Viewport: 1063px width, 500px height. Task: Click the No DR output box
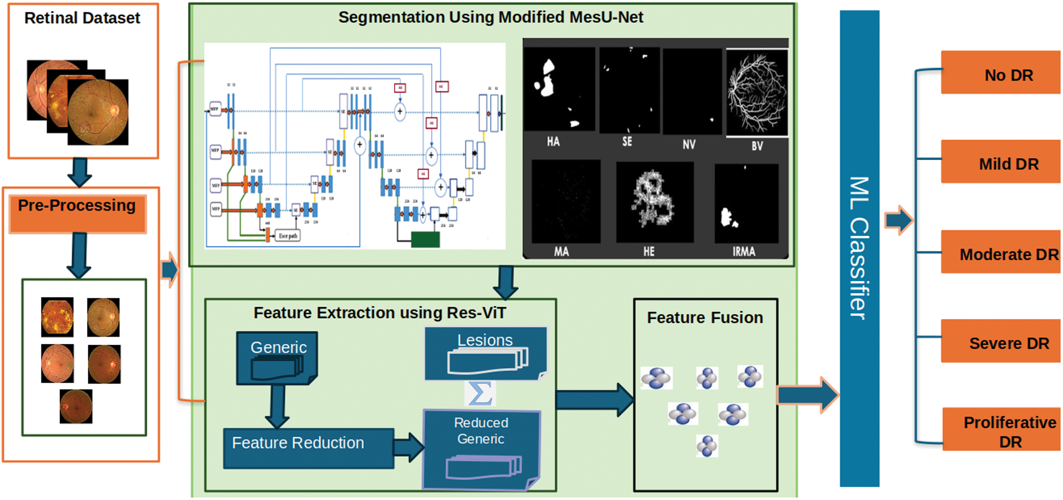coord(1000,73)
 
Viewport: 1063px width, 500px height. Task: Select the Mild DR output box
coord(1000,162)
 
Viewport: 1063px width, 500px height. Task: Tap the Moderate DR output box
coord(1000,252)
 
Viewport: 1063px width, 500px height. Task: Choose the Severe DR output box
coord(1000,341)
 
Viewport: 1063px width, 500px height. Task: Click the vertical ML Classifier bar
coord(859,248)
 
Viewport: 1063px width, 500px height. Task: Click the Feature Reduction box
coord(308,448)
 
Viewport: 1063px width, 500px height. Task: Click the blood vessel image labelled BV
coord(757,92)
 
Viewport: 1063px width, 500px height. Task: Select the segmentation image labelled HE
coord(655,202)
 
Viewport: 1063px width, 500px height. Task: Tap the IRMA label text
coord(744,252)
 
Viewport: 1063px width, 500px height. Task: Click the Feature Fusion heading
coord(705,318)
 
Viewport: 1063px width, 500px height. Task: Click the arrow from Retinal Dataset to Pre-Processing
coord(80,172)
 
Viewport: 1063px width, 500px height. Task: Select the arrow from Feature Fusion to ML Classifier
coord(808,395)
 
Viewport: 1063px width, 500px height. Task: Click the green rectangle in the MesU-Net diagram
coord(425,239)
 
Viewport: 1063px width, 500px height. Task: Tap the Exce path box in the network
coord(288,236)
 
